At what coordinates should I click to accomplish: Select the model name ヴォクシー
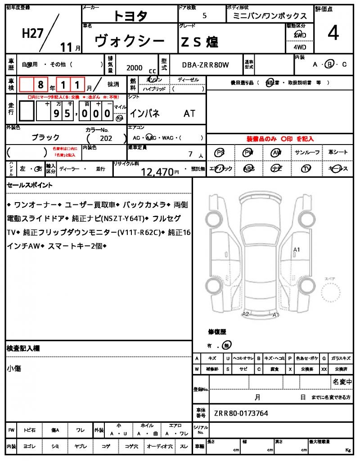pyautogui.click(x=130, y=42)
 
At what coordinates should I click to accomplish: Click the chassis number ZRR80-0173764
pyautogui.click(x=241, y=412)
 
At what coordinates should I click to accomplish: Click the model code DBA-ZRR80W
pyautogui.click(x=205, y=65)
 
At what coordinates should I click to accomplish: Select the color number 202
pyautogui.click(x=106, y=139)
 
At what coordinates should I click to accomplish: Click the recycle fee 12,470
pyautogui.click(x=157, y=171)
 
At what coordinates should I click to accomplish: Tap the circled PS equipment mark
pyautogui.click(x=220, y=153)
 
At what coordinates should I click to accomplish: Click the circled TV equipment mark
pyautogui.click(x=306, y=169)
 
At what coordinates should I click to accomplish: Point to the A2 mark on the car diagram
pyautogui.click(x=246, y=314)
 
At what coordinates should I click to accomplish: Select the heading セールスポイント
pyautogui.click(x=30, y=185)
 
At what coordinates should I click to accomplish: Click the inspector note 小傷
pyautogui.click(x=14, y=368)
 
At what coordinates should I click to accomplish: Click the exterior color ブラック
pyautogui.click(x=45, y=137)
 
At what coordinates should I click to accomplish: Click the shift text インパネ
pyautogui.click(x=144, y=113)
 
